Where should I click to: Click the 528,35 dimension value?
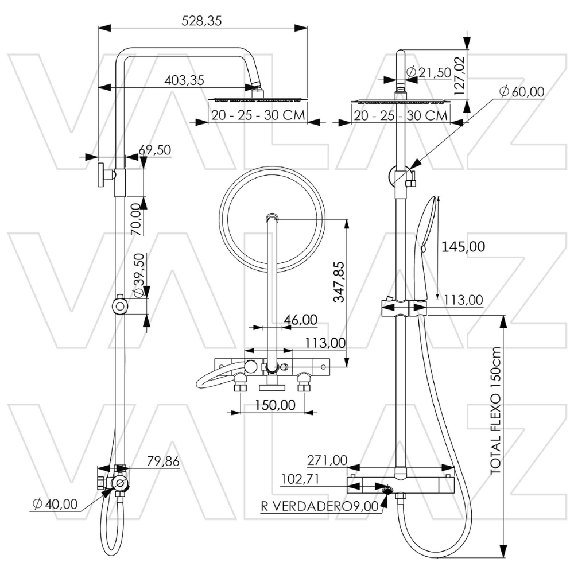(x=201, y=21)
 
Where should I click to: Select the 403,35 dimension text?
(x=184, y=80)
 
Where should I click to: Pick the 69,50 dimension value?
(x=155, y=150)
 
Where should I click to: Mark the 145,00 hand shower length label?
(x=463, y=247)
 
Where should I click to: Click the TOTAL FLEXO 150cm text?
(x=496, y=411)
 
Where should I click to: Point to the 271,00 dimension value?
(x=327, y=460)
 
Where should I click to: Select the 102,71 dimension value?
(x=302, y=479)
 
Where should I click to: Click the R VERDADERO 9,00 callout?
(x=320, y=506)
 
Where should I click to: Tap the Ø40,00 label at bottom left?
(x=55, y=504)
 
